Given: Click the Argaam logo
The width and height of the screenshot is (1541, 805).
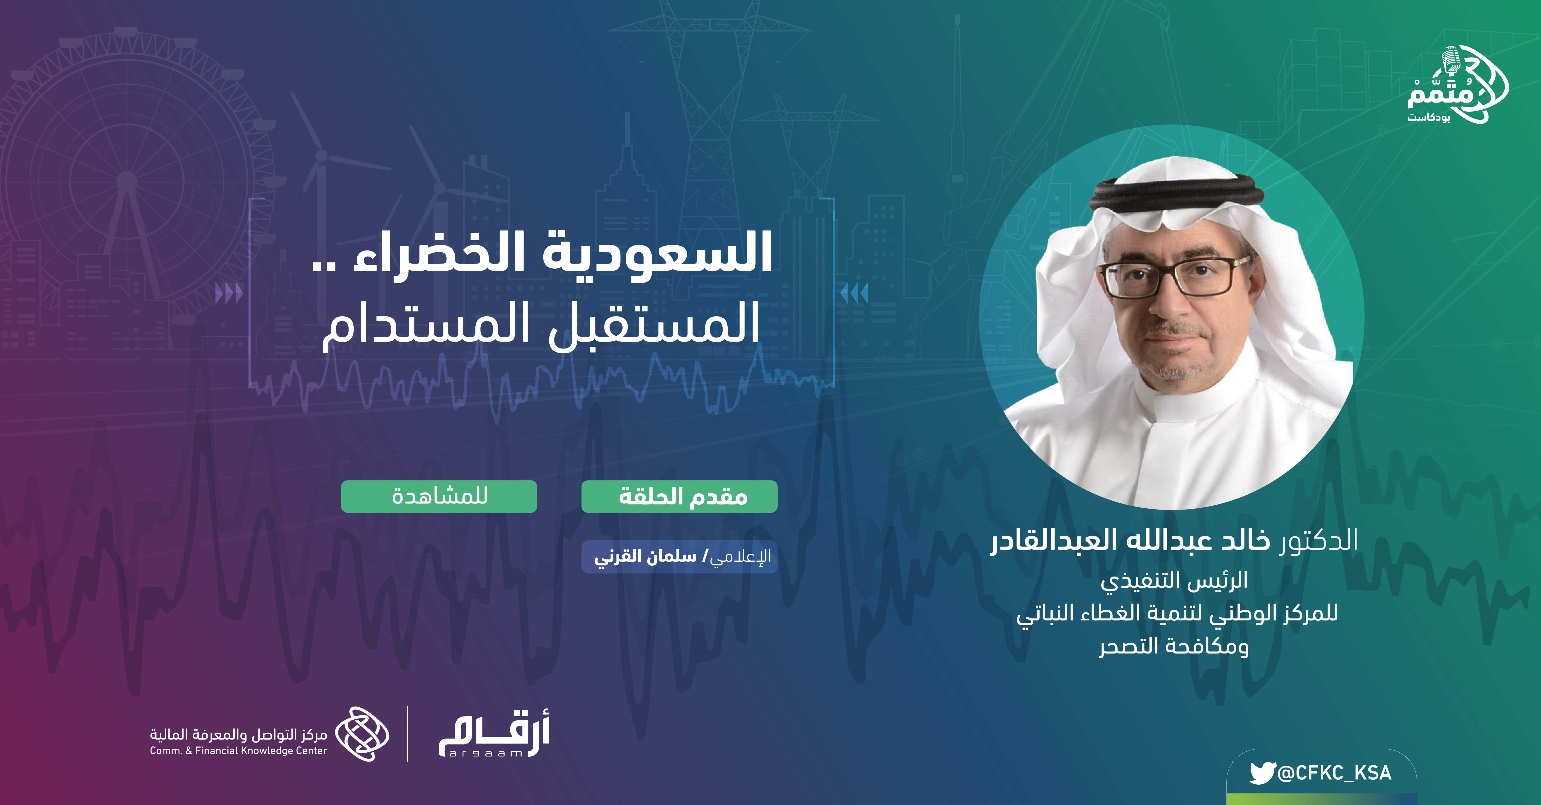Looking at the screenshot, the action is click(494, 734).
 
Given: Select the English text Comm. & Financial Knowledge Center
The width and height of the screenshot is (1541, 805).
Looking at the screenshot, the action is click(238, 751).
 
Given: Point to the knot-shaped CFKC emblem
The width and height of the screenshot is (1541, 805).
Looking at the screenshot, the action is click(361, 734).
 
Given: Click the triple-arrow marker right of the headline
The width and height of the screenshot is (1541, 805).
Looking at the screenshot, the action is click(854, 294).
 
